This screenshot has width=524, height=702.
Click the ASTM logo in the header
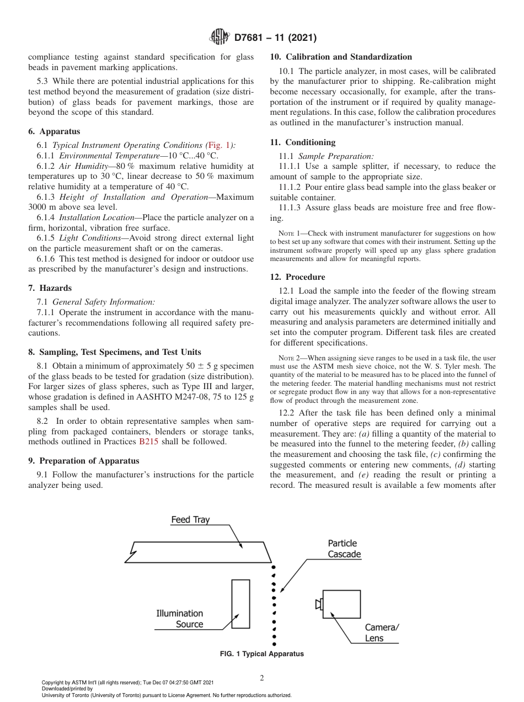click(x=221, y=38)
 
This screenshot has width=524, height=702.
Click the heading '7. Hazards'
click(x=50, y=288)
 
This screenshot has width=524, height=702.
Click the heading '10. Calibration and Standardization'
click(x=341, y=57)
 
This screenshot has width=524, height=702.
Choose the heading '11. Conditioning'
click(x=302, y=142)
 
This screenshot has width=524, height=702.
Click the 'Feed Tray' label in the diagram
click(x=190, y=520)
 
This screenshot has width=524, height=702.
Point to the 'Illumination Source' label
click(x=180, y=619)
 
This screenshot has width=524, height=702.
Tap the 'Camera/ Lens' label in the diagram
click(x=382, y=633)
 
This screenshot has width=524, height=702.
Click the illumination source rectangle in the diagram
click(x=240, y=603)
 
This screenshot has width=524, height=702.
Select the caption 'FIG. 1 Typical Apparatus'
click(x=261, y=654)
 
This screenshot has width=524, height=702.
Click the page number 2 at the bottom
click(x=262, y=678)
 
